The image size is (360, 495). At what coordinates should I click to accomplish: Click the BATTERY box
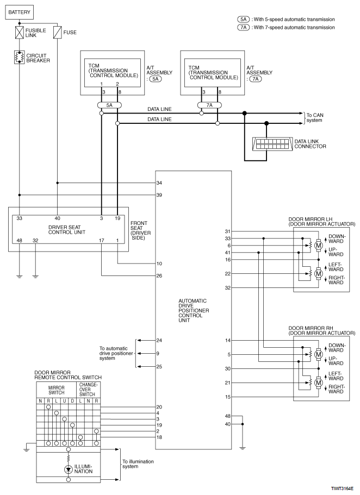pos(19,12)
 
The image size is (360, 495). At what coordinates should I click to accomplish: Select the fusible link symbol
pos(20,33)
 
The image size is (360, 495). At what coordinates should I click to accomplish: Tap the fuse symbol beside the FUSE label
pos(57,33)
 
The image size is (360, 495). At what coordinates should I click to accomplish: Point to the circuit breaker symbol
pos(20,57)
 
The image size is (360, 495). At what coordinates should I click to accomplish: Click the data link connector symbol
pos(272,143)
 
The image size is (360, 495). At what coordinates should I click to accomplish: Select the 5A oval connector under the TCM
pos(109,105)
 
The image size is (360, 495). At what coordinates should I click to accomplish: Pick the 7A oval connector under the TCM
pos(209,105)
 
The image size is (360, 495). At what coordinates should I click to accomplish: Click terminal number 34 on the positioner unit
pos(159,183)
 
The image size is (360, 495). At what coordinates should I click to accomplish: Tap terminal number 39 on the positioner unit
pos(159,195)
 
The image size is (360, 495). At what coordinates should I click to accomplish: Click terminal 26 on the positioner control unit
pos(159,276)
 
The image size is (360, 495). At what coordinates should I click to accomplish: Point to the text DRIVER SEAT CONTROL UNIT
pos(67,229)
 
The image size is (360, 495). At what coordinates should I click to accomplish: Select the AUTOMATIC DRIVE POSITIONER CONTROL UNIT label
pos(194,311)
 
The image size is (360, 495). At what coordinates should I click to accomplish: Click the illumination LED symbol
pos(69,469)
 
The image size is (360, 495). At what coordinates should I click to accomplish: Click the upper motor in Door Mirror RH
pos(319,354)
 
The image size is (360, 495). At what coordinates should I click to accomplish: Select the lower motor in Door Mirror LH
pos(319,273)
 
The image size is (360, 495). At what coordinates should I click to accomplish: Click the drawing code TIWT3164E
pos(342,488)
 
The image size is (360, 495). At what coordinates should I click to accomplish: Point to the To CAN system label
pos(315,118)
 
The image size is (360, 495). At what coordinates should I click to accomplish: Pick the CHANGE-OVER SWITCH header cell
pos(89,390)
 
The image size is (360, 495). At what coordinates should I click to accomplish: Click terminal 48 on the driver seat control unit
pos(19,241)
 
